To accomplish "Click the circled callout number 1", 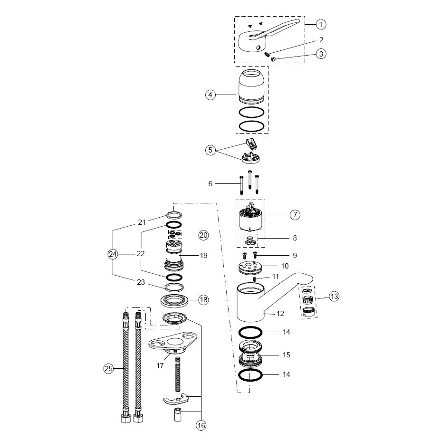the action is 321,24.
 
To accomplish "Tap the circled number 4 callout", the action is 211,95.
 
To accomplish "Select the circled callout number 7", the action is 295,215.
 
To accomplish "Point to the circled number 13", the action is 334,297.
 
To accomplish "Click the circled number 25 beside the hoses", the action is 108,368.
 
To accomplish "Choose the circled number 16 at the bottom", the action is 201,425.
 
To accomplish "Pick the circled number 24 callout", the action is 113,254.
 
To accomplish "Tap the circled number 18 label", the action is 203,300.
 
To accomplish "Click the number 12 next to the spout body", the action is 280,314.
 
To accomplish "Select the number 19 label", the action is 203,255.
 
